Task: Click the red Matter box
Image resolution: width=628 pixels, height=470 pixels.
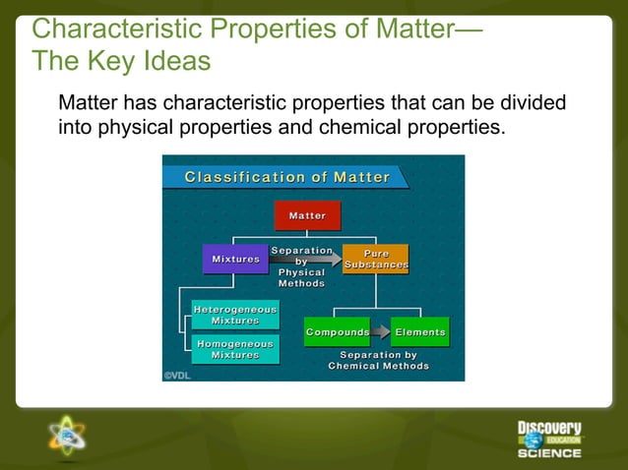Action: [307, 215]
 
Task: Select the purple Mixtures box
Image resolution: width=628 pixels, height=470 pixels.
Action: [235, 260]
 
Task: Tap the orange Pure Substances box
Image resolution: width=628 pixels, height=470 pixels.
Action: [375, 260]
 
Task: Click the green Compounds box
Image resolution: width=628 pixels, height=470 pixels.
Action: [337, 332]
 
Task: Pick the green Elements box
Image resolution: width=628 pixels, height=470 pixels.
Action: [419, 332]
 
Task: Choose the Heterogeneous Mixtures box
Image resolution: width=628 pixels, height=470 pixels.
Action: [235, 315]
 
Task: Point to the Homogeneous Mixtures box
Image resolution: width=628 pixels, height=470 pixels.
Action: [235, 349]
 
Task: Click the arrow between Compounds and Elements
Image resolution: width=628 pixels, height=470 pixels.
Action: [380, 332]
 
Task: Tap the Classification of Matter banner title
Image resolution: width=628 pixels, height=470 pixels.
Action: [287, 178]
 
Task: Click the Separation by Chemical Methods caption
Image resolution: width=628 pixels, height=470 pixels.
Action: [378, 360]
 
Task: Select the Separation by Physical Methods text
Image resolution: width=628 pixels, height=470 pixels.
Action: [301, 266]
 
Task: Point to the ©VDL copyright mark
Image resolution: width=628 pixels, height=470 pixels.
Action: [177, 375]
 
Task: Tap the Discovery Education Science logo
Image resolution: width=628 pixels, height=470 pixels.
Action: [549, 439]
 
